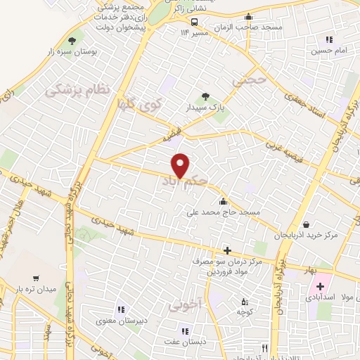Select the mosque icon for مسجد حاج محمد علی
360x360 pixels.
click(x=224, y=202)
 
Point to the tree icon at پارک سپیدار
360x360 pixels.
click(x=205, y=96)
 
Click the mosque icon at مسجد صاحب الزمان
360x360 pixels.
click(x=247, y=20)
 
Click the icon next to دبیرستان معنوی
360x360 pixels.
click(x=120, y=309)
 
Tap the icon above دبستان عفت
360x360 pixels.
click(x=185, y=330)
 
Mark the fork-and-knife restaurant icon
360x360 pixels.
click(x=264, y=347)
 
